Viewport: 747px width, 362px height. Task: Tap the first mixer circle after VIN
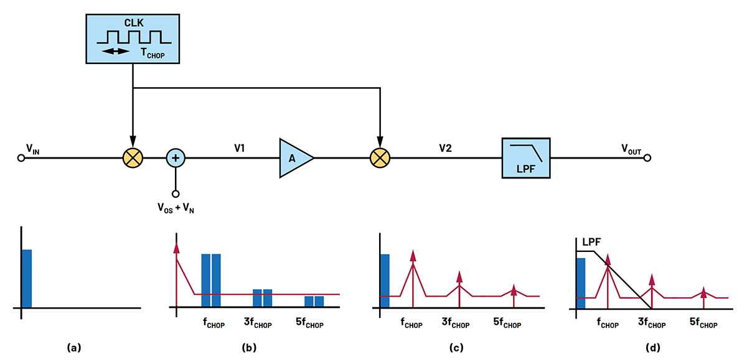pos(133,158)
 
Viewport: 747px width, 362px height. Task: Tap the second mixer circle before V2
pos(379,158)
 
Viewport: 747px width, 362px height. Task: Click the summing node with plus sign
pos(176,158)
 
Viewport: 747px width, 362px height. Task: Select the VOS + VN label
pos(176,207)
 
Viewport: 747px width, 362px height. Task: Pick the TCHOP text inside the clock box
pos(155,53)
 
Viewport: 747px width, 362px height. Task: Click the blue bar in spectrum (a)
pos(26,278)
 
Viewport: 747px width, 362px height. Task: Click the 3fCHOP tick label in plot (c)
pos(458,323)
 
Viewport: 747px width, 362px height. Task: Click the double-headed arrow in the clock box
pos(117,51)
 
